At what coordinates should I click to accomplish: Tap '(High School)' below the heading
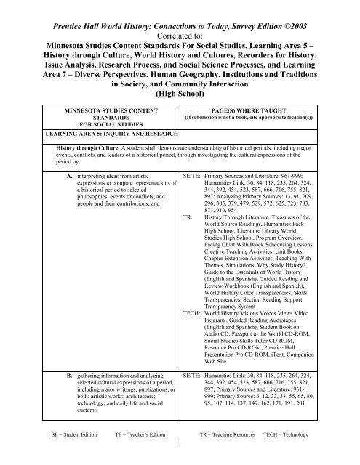tap(180, 94)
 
